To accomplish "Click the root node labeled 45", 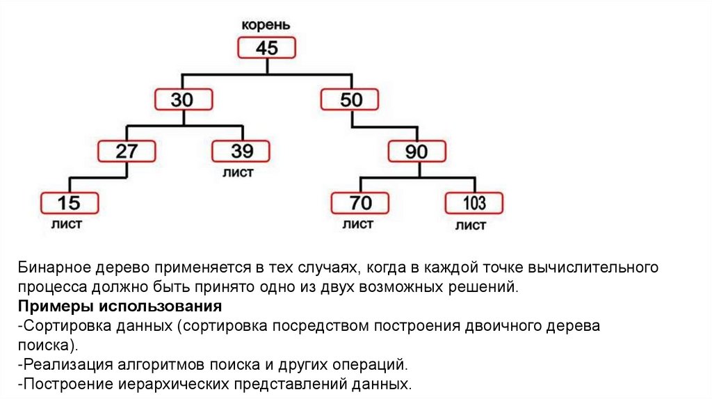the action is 267,48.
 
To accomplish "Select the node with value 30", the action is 183,99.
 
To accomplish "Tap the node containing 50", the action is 350,99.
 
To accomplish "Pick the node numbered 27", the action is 126,152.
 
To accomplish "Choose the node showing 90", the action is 416,152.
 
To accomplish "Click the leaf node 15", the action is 69,203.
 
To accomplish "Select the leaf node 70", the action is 359,203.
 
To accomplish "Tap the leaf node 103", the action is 474,203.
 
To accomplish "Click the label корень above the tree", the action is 266,25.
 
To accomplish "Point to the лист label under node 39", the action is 238,172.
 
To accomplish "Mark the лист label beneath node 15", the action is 67,225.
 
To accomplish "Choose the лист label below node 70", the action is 357,225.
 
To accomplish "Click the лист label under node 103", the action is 471,226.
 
